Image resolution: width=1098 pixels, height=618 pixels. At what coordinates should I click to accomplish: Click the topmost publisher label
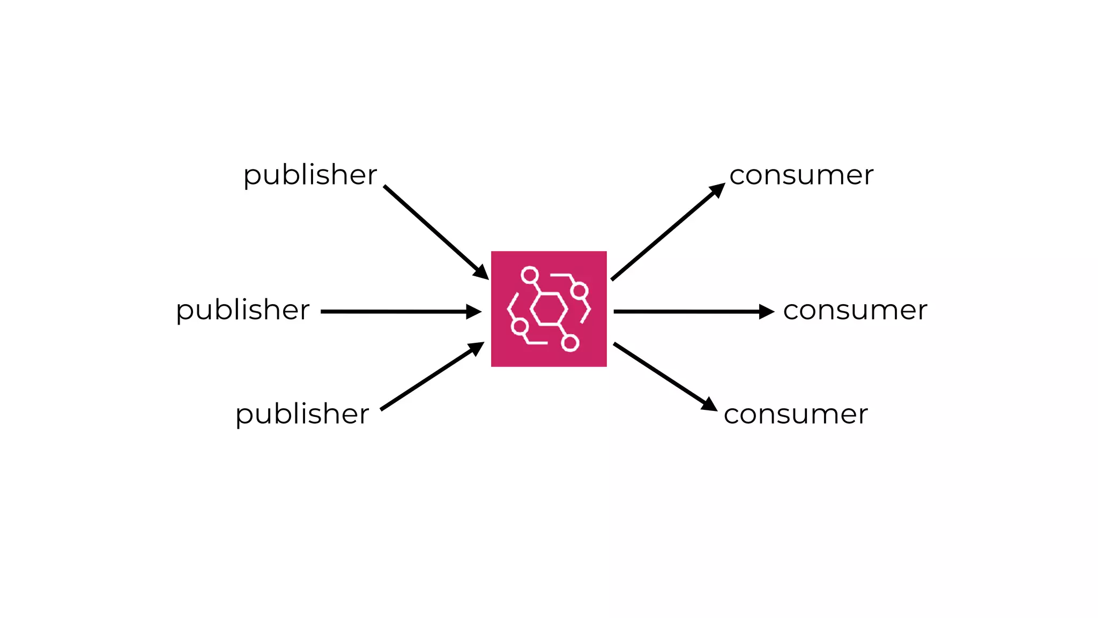pos(310,175)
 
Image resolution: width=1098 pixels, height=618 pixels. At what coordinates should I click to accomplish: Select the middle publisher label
pos(243,311)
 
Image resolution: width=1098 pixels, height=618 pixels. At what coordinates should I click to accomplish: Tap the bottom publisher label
pos(302,415)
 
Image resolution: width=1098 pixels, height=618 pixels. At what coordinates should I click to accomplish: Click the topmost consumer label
pos(802,175)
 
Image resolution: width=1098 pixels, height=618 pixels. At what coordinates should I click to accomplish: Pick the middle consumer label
pos(855,311)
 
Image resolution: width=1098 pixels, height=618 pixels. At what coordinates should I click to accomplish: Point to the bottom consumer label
pos(796,415)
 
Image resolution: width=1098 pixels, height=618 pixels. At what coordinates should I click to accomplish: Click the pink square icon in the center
pos(549,309)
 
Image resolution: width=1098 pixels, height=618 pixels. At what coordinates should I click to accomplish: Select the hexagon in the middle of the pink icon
pos(548,309)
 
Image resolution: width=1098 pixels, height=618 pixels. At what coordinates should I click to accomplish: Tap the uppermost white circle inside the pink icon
pos(530,275)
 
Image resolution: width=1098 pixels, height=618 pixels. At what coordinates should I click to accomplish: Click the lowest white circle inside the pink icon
pos(570,343)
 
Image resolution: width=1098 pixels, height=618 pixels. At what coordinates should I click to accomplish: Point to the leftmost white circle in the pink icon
pos(520,326)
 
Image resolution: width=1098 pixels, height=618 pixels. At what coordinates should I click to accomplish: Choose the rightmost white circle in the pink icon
pos(580,291)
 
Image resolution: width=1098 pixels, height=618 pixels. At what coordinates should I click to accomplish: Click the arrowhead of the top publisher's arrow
pos(481,272)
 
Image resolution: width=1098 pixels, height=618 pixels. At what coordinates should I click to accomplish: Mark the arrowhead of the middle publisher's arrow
pos(474,312)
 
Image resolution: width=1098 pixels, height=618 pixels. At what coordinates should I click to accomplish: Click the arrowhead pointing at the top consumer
pos(717,189)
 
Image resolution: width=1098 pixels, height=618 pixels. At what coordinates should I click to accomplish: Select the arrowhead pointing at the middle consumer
pos(767,312)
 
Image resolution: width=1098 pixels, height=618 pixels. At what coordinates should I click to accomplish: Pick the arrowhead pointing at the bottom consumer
pos(709,404)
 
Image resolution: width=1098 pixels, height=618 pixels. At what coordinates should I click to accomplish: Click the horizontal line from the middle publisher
pos(394,312)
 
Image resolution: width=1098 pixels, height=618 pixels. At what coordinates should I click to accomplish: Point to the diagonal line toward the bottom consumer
pos(659,373)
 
